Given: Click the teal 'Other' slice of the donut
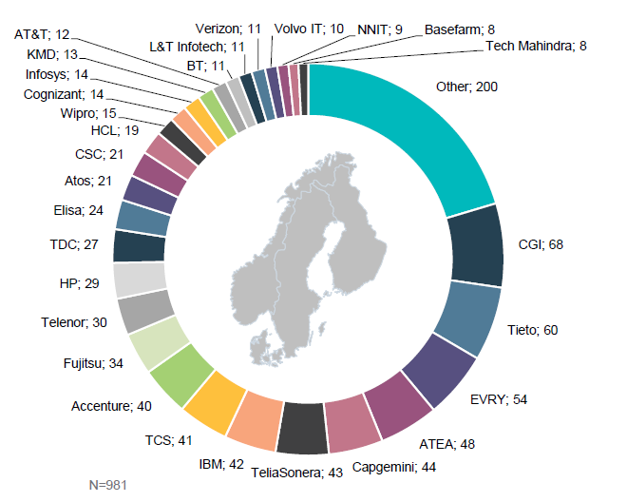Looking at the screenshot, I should click(399, 133).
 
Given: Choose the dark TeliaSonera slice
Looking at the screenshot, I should click(302, 428).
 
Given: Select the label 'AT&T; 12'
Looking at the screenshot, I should click(43, 34).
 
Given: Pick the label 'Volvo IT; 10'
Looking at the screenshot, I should click(309, 29).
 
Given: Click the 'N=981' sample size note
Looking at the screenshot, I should click(107, 485).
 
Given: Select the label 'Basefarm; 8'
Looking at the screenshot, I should click(458, 29).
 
